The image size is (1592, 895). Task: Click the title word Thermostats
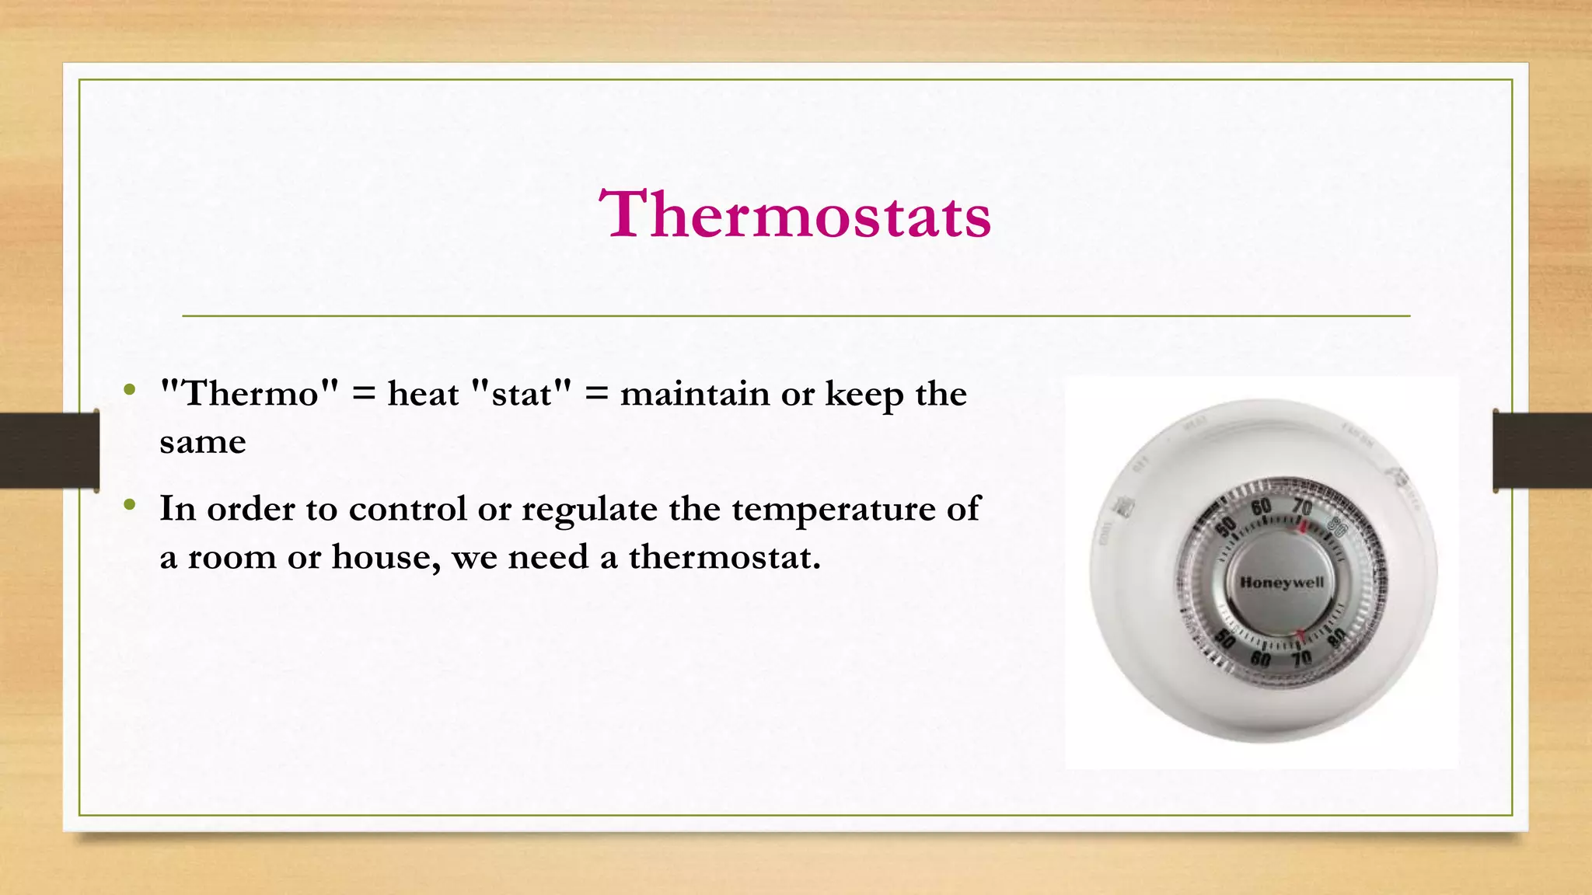795,214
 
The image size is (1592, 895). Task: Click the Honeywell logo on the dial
1282,582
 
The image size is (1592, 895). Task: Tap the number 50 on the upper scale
1226,526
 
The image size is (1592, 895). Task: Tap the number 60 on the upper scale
1261,508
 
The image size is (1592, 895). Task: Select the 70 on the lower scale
1301,659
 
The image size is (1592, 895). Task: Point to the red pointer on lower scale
1300,636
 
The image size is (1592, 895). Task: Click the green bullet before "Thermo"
130,388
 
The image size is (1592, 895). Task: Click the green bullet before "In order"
130,506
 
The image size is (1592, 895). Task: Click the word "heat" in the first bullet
423,394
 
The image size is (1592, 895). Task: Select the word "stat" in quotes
522,394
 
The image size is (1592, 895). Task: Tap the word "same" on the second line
203,443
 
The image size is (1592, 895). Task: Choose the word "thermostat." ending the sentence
724,557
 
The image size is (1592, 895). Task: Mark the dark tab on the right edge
1542,451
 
